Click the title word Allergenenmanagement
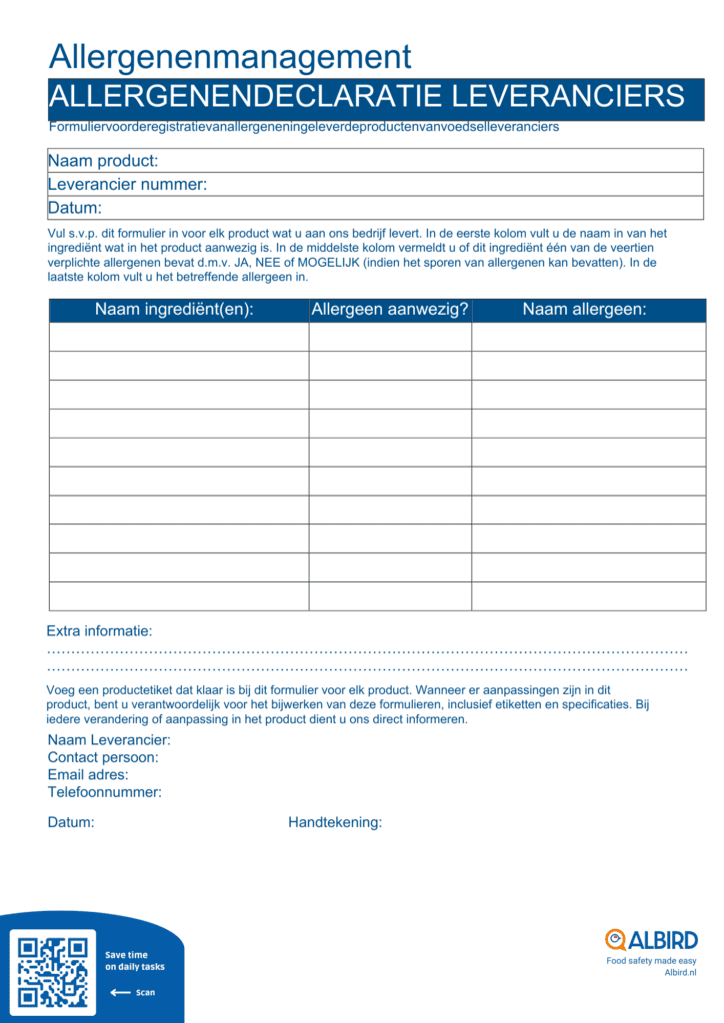[x=230, y=56]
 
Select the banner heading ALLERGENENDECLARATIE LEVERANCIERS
[x=366, y=97]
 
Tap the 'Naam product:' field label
[x=103, y=161]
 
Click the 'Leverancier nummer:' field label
[x=127, y=184]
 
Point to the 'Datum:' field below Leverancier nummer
[x=75, y=208]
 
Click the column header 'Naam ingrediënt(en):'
[x=175, y=310]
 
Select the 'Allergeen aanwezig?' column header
[x=390, y=310]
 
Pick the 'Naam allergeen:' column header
[x=585, y=310]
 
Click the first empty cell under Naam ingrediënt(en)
[x=179, y=338]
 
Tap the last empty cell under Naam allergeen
[x=588, y=596]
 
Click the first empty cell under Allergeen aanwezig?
[x=390, y=338]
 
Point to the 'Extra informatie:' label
[x=99, y=631]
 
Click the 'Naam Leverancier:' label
[x=109, y=740]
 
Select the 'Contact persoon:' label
[x=103, y=757]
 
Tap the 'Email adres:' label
[x=88, y=774]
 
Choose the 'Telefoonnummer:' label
[x=105, y=792]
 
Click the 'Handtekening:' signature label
[x=335, y=822]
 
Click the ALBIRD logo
[x=651, y=940]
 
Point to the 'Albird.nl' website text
[x=680, y=972]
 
